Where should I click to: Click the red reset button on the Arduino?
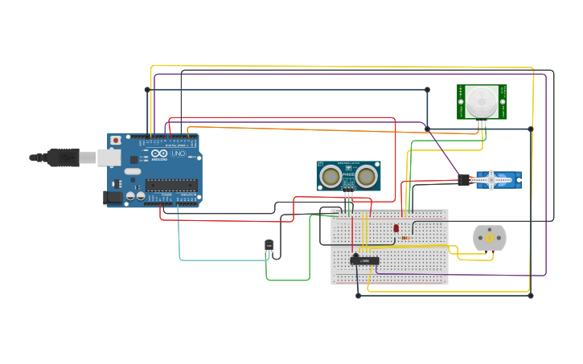[116, 141]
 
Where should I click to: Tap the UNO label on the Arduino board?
[178, 153]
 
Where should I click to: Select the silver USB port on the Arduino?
[109, 157]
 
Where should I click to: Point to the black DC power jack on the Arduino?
[113, 196]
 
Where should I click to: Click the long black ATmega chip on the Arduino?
[171, 185]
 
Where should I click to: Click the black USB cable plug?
[64, 157]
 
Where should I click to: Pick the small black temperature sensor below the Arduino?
[269, 245]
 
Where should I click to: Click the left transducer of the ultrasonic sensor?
[330, 175]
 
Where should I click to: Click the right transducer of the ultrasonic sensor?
[367, 175]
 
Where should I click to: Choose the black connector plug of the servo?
[464, 180]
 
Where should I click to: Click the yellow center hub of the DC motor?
[490, 238]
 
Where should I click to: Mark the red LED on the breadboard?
[396, 229]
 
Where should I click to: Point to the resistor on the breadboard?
[405, 238]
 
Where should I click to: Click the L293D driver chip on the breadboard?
[365, 260]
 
